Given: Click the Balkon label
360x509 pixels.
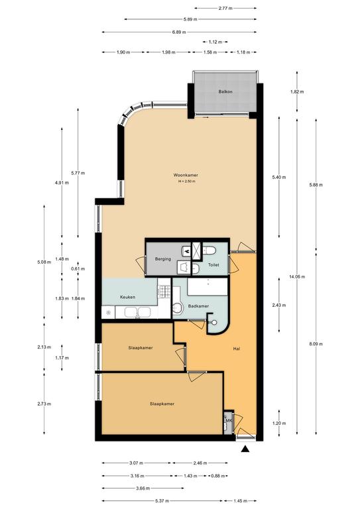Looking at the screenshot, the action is pos(225,92).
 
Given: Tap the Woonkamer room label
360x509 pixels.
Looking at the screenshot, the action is pos(186,175).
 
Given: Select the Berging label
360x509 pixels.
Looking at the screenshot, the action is pos(163,259).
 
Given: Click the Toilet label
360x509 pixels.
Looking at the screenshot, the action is pos(213,265).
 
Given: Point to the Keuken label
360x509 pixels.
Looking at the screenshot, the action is pos(127,297).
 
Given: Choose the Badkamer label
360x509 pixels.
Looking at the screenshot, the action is pos(198,306).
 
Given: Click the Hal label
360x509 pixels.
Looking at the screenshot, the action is pos(237,349).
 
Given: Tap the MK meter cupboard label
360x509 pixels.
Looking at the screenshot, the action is pos(229,421).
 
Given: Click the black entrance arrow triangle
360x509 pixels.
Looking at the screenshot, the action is pos(245,449).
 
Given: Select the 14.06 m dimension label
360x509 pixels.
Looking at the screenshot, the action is pos(297,277).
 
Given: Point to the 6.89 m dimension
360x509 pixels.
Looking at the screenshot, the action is pos(179,32).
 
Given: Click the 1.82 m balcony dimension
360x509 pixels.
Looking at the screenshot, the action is pos(297,92).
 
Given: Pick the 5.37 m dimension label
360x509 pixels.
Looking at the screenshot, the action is pos(159,501).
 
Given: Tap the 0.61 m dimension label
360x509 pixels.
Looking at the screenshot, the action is pos(78,269).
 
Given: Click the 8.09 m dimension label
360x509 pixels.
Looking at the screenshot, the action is pos(316,344).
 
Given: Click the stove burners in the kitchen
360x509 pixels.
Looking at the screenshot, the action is pos(164,292).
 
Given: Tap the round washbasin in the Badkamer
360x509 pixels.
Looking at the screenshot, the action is pos(177,308).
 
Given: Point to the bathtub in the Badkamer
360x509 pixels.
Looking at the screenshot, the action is pos(207,286).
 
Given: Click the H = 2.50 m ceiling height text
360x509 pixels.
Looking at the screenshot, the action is pos(187,182).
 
